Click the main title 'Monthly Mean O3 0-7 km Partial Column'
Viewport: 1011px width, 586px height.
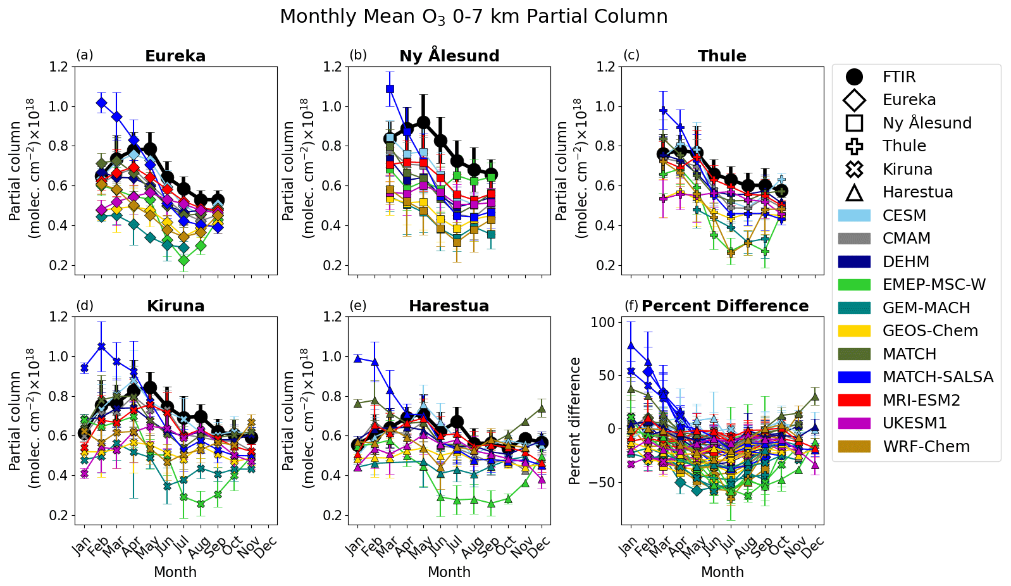(473, 16)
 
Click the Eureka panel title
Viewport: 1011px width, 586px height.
(175, 56)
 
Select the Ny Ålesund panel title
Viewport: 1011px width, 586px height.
(449, 56)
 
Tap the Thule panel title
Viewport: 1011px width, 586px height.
(722, 56)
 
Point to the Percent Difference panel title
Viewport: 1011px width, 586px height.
(725, 306)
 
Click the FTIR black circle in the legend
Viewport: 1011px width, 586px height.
(854, 77)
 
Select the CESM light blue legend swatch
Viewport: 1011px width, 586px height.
(854, 216)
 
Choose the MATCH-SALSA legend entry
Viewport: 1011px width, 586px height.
(938, 377)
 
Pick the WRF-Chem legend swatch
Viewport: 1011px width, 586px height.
(854, 447)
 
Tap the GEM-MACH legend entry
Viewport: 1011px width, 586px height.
(926, 308)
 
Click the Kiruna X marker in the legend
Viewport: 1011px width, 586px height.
(854, 170)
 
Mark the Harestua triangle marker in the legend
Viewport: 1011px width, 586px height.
(854, 192)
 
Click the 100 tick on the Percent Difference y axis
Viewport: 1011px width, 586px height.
(604, 323)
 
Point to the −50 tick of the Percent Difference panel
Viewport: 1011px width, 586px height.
(601, 482)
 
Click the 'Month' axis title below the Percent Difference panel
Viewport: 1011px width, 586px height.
(722, 572)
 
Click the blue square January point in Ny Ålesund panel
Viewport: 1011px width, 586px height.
(390, 89)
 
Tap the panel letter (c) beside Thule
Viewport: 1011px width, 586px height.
(631, 55)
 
